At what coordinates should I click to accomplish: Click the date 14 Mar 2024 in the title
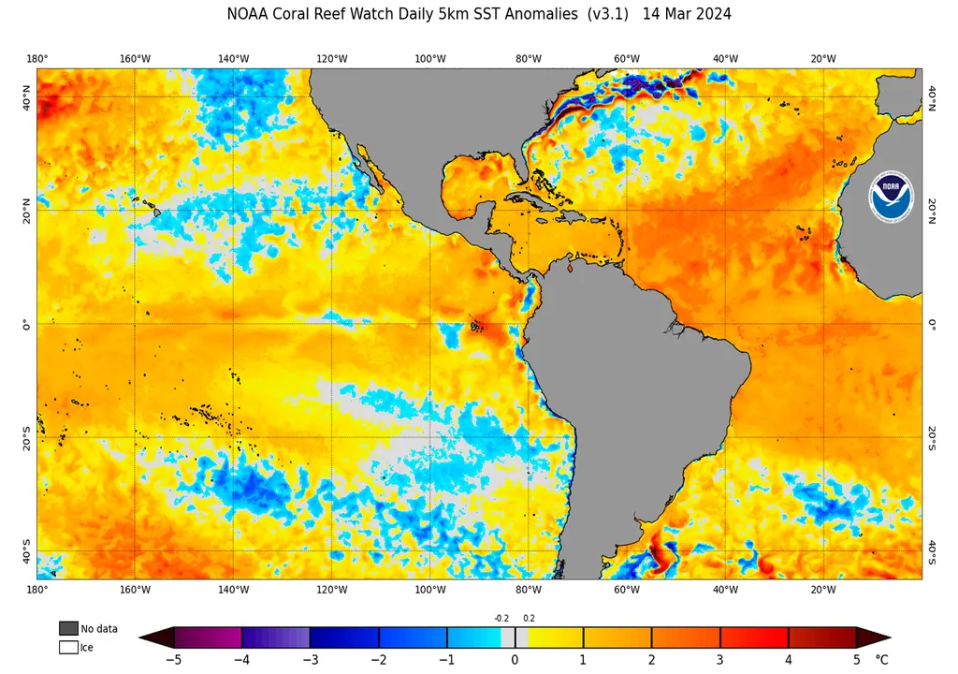click(x=688, y=14)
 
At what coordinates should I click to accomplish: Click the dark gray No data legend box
click(x=68, y=627)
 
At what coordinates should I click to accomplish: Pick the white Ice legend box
click(x=68, y=646)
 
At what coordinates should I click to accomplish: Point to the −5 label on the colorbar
click(x=173, y=659)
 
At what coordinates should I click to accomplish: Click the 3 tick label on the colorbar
click(x=720, y=659)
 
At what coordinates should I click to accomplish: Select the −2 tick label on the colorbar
click(x=378, y=659)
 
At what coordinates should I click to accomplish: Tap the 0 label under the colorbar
click(x=515, y=659)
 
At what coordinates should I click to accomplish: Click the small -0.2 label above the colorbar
click(x=501, y=617)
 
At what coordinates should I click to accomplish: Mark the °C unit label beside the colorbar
click(x=882, y=659)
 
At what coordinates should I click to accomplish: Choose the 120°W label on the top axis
click(x=332, y=59)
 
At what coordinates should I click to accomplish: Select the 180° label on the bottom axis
click(x=37, y=590)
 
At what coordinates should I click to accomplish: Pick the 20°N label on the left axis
click(x=27, y=210)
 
